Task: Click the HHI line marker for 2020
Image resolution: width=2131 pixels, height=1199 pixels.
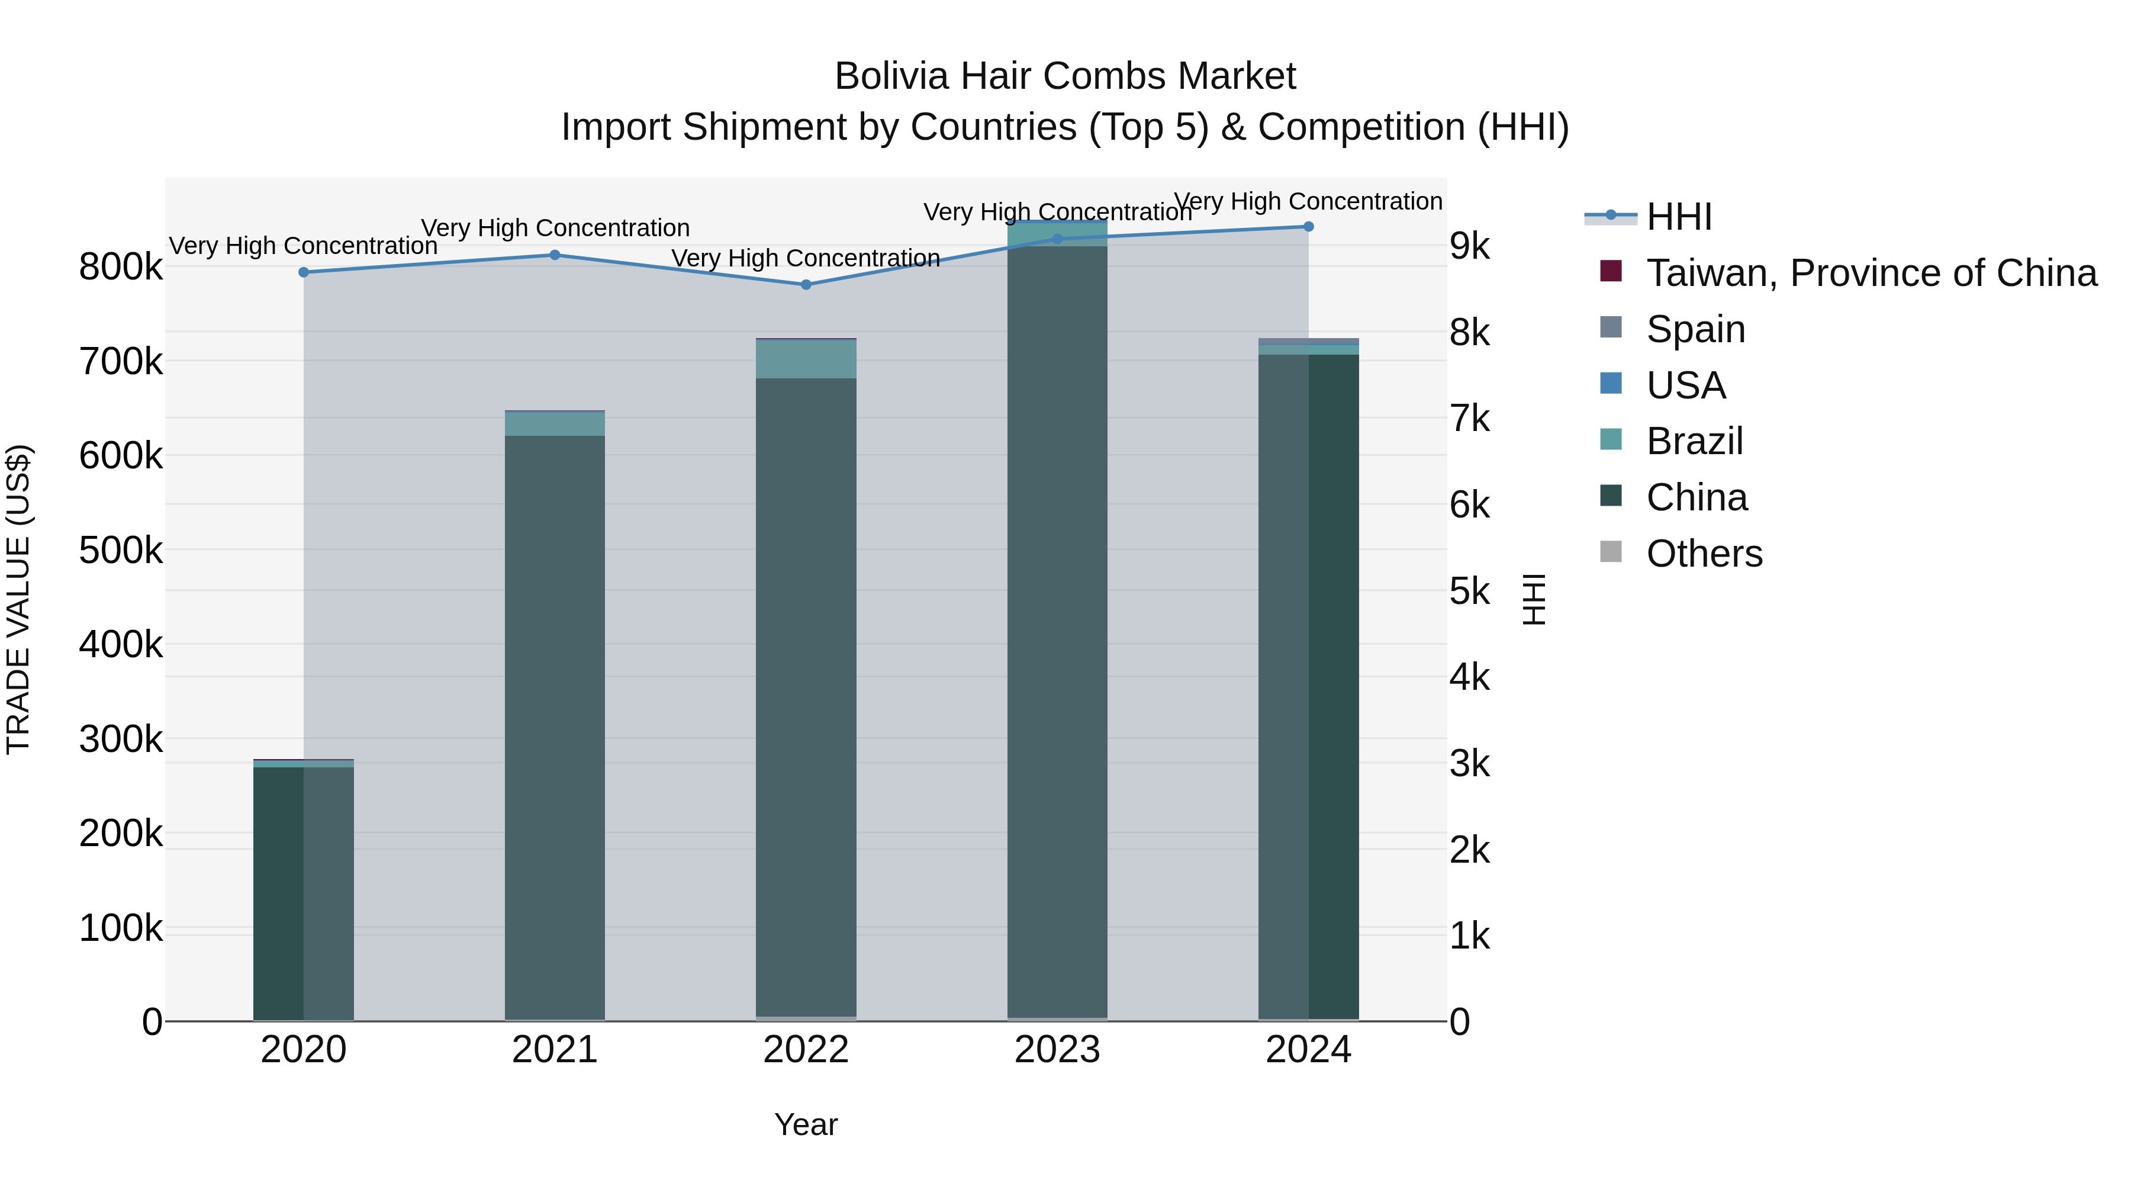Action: pos(304,272)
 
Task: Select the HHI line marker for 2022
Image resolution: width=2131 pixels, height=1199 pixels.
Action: pos(806,285)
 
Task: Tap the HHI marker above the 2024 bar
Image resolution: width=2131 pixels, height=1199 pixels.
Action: pos(1308,227)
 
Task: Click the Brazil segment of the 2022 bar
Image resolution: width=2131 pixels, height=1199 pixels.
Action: pos(806,359)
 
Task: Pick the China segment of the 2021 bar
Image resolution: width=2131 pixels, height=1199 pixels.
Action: pos(554,728)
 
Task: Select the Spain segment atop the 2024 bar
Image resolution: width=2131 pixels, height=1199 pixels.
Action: pos(1308,342)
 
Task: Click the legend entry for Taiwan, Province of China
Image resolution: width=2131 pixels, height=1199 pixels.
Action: pos(1869,273)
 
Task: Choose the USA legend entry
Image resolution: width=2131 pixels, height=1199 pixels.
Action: pos(1685,385)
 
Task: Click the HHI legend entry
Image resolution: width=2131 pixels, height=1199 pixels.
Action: pos(1679,217)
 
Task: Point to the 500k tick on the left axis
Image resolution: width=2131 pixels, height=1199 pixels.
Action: pos(121,550)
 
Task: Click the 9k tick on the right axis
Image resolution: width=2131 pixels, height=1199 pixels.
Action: pos(1470,246)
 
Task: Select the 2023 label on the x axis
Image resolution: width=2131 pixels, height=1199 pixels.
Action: pos(1057,1050)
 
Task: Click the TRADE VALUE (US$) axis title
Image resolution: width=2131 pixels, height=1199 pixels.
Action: pos(19,599)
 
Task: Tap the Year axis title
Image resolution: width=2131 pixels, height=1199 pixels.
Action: pos(806,1124)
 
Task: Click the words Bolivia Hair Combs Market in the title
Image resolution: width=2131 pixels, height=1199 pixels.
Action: pos(1065,76)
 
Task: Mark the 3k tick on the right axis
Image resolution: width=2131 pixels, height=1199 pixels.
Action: pos(1470,764)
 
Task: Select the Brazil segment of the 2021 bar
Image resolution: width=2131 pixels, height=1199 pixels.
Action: pos(554,424)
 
